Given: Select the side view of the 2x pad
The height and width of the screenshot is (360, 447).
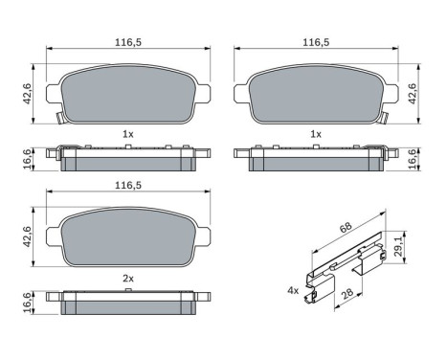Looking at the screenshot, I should pyautogui.click(x=127, y=304).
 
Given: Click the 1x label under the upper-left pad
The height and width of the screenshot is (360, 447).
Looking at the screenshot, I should pyautogui.click(x=126, y=134).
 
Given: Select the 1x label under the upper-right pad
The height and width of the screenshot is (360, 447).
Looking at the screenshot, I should pyautogui.click(x=316, y=134).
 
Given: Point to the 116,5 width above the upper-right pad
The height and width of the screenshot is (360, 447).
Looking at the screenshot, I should pyautogui.click(x=316, y=43).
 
